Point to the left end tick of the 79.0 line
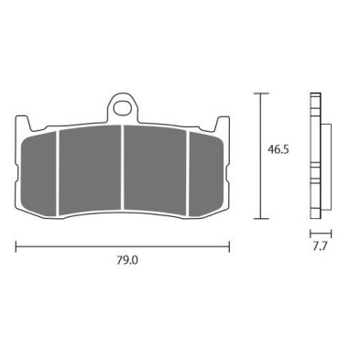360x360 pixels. point(16,245)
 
